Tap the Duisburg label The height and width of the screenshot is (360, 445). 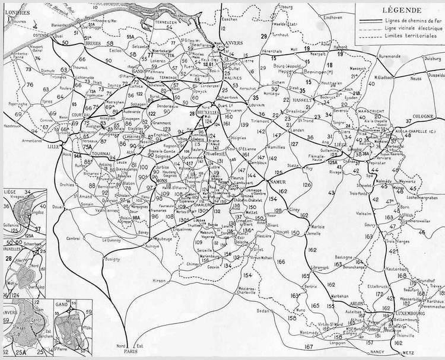pos(420,59)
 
